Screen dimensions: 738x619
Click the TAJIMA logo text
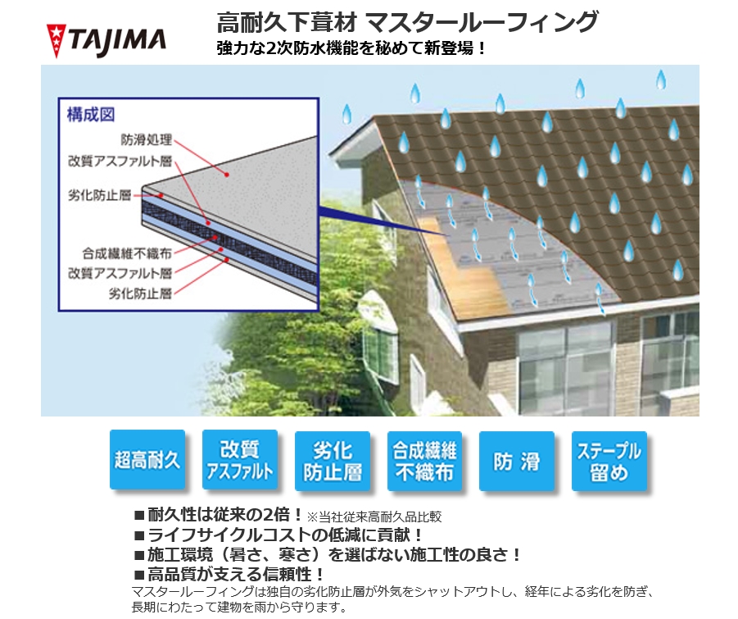[118, 42]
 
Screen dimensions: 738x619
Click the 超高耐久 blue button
[147, 459]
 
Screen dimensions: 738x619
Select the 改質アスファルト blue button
[239, 459]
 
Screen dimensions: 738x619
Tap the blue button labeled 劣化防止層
[333, 461]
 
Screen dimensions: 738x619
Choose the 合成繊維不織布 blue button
[424, 461]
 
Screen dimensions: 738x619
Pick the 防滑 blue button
[517, 461]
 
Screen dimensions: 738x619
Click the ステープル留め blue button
[609, 461]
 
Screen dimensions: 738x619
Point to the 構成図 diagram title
[91, 115]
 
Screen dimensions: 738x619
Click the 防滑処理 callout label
[147, 140]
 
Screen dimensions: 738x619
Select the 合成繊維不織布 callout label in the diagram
[127, 253]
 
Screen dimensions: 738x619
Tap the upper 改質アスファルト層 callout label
[120, 162]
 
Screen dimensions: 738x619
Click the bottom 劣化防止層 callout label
[140, 294]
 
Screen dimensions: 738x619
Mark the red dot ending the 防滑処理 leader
[227, 175]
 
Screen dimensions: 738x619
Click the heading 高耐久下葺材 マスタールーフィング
[407, 22]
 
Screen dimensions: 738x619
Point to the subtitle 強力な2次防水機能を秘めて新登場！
[351, 48]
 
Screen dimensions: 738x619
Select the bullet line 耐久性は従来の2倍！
[219, 514]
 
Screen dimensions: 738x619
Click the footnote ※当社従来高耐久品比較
[374, 517]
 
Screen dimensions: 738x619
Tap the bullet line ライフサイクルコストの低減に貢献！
[279, 535]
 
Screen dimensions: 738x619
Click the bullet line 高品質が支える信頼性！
[229, 574]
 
